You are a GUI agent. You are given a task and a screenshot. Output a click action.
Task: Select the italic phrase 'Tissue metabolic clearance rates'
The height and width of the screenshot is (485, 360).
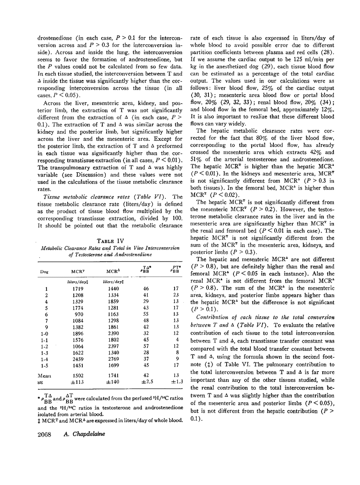85,196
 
